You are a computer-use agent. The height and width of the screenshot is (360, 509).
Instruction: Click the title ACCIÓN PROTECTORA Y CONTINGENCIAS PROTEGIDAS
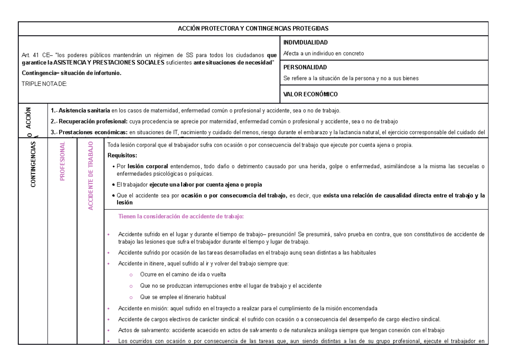(x=253, y=28)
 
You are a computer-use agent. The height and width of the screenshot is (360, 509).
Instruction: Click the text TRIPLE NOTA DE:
(x=44, y=84)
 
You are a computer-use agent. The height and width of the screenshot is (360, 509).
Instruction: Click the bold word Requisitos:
(x=123, y=155)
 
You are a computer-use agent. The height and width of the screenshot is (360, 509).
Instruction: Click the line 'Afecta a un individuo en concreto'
(x=324, y=53)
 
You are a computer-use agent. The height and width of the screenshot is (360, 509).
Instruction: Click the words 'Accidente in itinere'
(x=143, y=264)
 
